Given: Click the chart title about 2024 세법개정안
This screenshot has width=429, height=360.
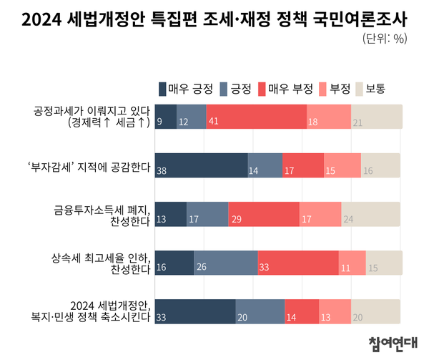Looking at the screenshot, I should pos(214,19).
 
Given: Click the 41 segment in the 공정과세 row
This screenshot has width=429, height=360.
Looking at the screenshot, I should pos(257,117).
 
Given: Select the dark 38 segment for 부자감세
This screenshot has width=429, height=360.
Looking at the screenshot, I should pos(201,165).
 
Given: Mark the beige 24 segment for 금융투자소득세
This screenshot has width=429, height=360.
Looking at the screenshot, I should pos(370,214).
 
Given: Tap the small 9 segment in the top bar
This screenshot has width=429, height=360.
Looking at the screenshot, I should pos(165,117).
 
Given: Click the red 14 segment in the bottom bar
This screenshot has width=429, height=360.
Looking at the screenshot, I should pos(301,311).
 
